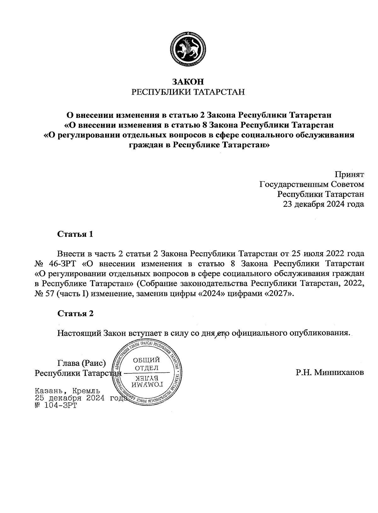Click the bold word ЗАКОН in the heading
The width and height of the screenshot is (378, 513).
(x=188, y=82)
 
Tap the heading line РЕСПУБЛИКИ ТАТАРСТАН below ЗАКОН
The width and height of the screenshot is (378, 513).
(x=188, y=92)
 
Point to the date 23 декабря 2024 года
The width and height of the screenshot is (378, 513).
(x=324, y=204)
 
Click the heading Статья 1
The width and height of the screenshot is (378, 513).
(x=75, y=234)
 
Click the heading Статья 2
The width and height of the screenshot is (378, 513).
(x=75, y=314)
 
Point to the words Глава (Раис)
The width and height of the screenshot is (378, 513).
(x=81, y=363)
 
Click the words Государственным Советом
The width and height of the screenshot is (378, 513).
(x=312, y=184)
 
